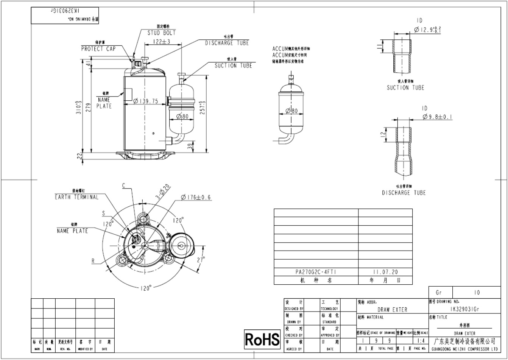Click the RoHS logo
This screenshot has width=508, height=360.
[x=262, y=340]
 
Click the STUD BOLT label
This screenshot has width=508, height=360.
[x=162, y=33]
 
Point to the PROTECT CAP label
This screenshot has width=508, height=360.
[x=98, y=49]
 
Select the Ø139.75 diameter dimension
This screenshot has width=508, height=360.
[x=146, y=101]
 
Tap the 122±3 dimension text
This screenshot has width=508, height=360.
[x=162, y=41]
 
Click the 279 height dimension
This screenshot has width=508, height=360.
[x=88, y=108]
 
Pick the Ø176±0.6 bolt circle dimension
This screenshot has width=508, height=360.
[x=196, y=197]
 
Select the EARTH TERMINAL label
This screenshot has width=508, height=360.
[x=76, y=197]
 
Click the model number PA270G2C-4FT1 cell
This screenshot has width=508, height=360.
[x=316, y=272]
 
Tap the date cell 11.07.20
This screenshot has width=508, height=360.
[x=385, y=272]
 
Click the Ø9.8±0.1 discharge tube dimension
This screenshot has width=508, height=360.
[x=438, y=117]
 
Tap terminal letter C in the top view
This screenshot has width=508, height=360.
[x=123, y=185]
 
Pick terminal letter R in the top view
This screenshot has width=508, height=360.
[x=93, y=260]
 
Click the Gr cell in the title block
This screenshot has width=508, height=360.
[x=439, y=293]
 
